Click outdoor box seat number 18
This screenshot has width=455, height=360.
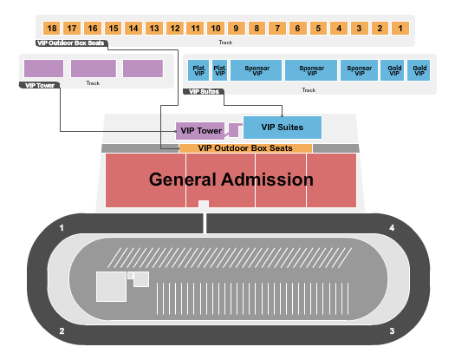click(52, 29)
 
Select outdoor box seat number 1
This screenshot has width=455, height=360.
click(400, 29)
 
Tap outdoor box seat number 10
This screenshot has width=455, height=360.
click(216, 29)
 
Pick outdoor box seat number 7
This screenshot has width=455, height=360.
click(276, 29)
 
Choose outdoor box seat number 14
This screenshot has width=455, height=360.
click(133, 29)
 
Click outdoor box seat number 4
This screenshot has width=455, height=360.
click(338, 29)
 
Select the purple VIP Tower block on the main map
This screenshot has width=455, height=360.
click(200, 131)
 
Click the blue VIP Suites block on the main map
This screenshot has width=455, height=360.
click(283, 127)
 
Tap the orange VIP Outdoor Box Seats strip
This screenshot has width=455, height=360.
click(245, 148)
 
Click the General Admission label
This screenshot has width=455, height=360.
click(231, 180)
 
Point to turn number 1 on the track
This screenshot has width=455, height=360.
click(62, 228)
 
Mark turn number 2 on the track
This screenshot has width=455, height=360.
click(62, 331)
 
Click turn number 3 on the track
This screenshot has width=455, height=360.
click(392, 331)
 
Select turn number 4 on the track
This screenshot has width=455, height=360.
click(392, 228)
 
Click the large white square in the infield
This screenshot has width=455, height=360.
click(111, 286)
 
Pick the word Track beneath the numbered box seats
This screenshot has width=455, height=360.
click(224, 42)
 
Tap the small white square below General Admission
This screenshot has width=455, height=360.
click(204, 204)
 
